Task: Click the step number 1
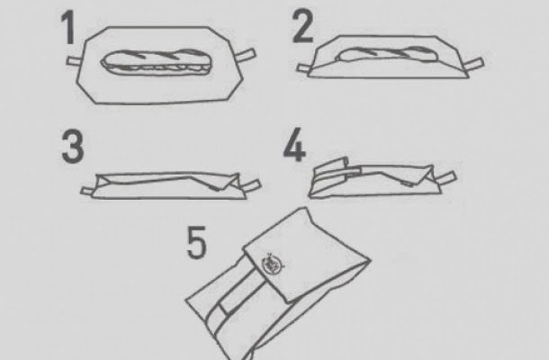(x=68, y=27)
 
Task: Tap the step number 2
(x=303, y=26)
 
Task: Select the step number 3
(x=73, y=147)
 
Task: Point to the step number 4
(x=294, y=145)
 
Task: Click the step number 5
(x=197, y=242)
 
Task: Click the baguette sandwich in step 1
(x=157, y=62)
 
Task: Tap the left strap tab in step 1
(x=74, y=61)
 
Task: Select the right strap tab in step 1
(x=247, y=55)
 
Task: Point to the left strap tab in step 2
(x=303, y=68)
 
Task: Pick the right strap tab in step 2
(x=473, y=65)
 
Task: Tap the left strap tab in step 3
(x=87, y=191)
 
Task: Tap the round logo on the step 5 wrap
(x=273, y=265)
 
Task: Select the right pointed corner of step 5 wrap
(x=371, y=260)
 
